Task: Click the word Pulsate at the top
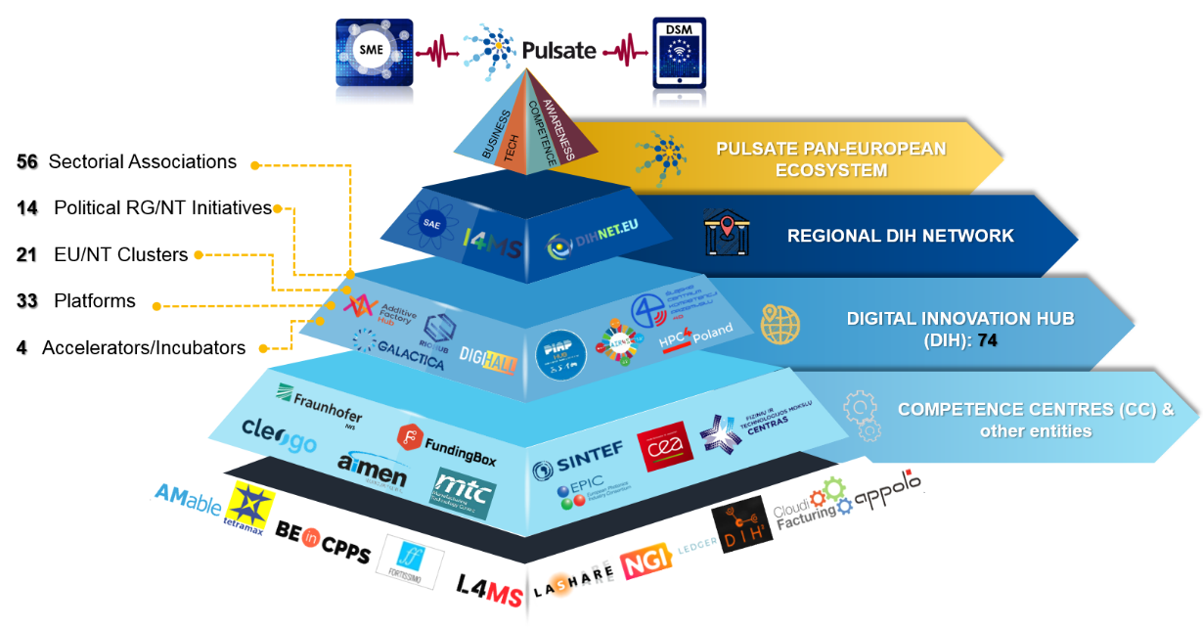pos(558,49)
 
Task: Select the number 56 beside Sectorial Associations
pos(27,161)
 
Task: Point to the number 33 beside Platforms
pos(27,301)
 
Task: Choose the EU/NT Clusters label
pos(120,255)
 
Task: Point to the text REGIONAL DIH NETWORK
pos(900,236)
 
